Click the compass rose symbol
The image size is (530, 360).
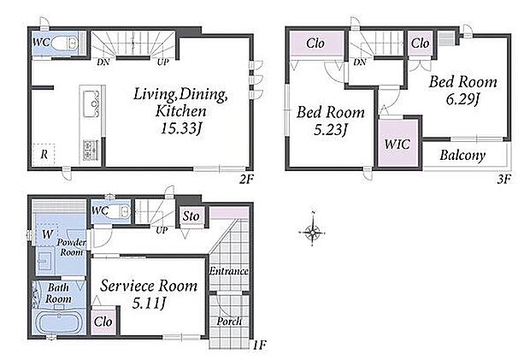point(313,233)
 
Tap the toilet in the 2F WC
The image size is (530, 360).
point(65,43)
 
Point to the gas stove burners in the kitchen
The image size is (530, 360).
point(91,150)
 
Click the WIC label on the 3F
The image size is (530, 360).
point(397,145)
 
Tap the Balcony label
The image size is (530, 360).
point(462,155)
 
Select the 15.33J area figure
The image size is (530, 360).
point(181,128)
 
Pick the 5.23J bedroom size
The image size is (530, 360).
point(331,129)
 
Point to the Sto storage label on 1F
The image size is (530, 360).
point(191,216)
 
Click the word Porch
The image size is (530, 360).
point(229,322)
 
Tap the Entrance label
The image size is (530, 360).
point(229,271)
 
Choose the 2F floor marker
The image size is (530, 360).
point(246,179)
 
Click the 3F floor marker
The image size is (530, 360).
point(504,179)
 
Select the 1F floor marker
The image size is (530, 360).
point(260,345)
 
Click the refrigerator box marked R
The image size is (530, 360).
point(44,155)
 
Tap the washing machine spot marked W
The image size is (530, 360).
point(47,233)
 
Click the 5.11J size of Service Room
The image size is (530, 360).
point(149,304)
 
